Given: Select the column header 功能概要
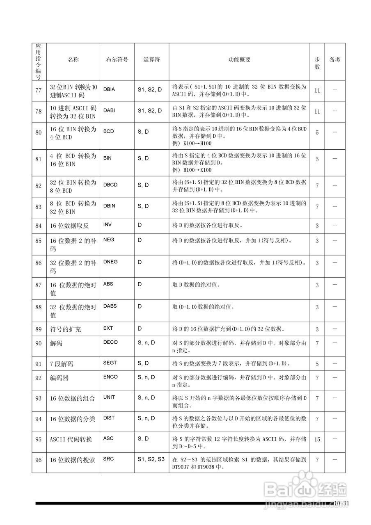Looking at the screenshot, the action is [239, 59].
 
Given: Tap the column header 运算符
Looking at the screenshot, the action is [151, 59].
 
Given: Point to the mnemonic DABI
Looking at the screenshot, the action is [110, 110].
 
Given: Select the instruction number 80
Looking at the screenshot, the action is [39, 132].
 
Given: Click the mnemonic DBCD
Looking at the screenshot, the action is [110, 185].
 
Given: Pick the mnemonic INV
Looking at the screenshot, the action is [108, 225].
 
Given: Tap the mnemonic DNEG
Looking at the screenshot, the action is [110, 262].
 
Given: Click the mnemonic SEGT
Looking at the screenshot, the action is [110, 363].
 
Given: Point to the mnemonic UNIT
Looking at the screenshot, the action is [109, 397].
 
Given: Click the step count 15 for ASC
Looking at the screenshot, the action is [317, 439].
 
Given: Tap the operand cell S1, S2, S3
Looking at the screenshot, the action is [151, 459].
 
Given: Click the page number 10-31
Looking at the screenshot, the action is [341, 504].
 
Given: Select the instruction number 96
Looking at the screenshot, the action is [39, 460].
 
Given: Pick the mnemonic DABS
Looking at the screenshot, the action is [110, 306].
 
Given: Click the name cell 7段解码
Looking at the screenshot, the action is [62, 364].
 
